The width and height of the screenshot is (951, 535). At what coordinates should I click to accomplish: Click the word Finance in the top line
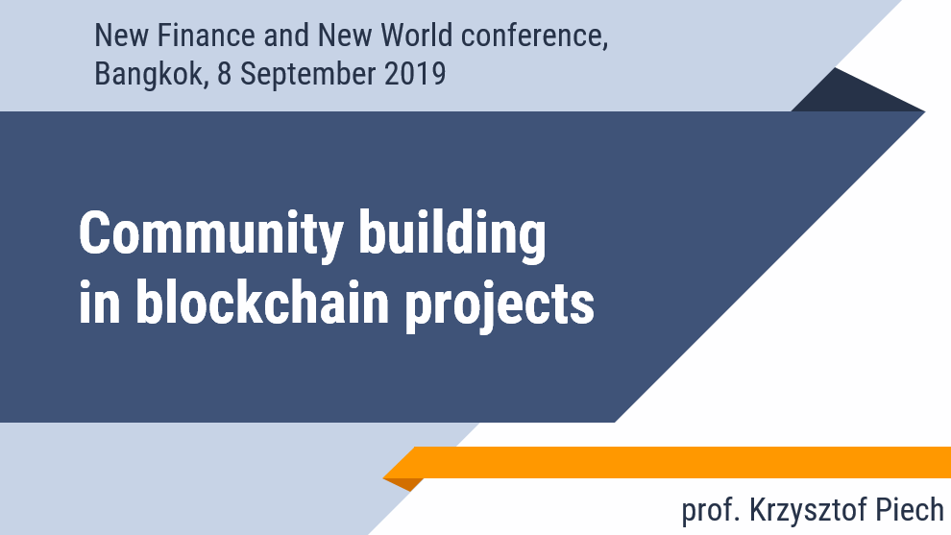tap(206, 36)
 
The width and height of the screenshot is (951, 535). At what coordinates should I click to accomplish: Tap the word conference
tap(531, 36)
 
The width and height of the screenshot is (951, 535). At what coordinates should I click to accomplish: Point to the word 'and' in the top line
tap(285, 36)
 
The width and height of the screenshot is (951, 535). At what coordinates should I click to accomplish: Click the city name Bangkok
tap(149, 74)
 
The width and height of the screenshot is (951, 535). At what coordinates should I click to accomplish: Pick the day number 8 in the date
tap(225, 73)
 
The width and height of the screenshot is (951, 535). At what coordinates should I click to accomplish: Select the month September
tap(308, 75)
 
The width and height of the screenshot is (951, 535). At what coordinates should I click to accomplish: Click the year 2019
tap(415, 73)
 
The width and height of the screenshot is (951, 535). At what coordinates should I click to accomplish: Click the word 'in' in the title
tap(99, 301)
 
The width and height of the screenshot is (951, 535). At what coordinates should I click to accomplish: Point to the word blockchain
tap(262, 301)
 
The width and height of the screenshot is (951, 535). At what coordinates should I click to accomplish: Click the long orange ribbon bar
tap(668, 462)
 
